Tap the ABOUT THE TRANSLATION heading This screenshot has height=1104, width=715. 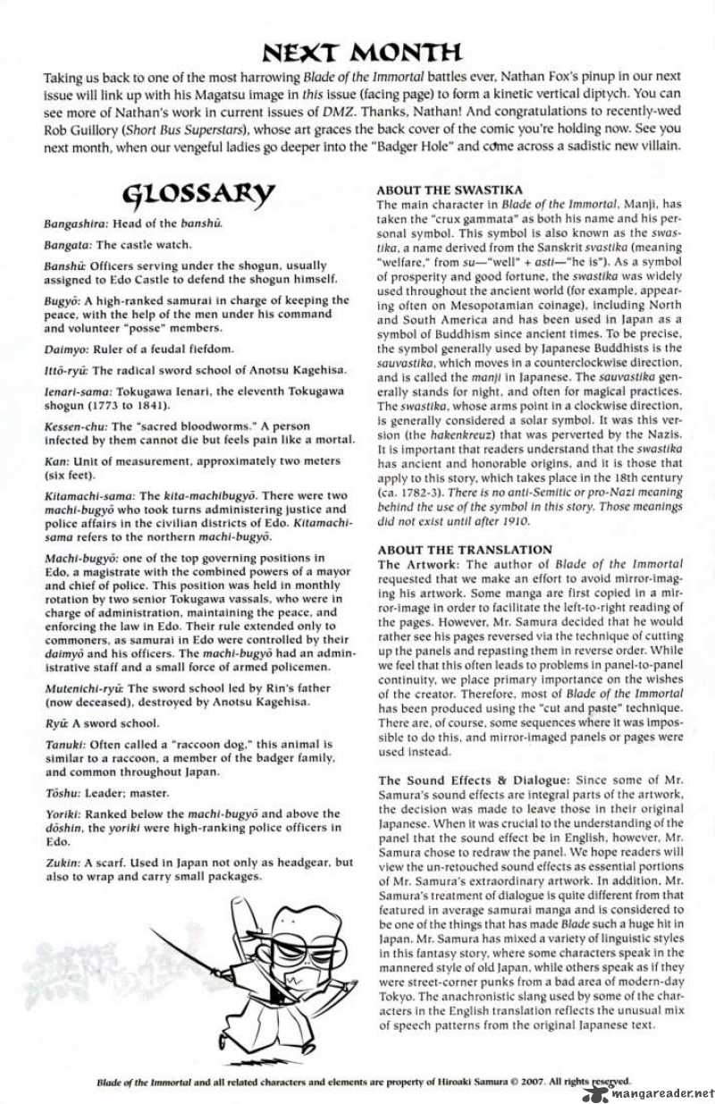[x=465, y=549]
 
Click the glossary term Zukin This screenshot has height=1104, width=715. [x=62, y=863]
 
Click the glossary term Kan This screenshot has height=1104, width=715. [x=54, y=460]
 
